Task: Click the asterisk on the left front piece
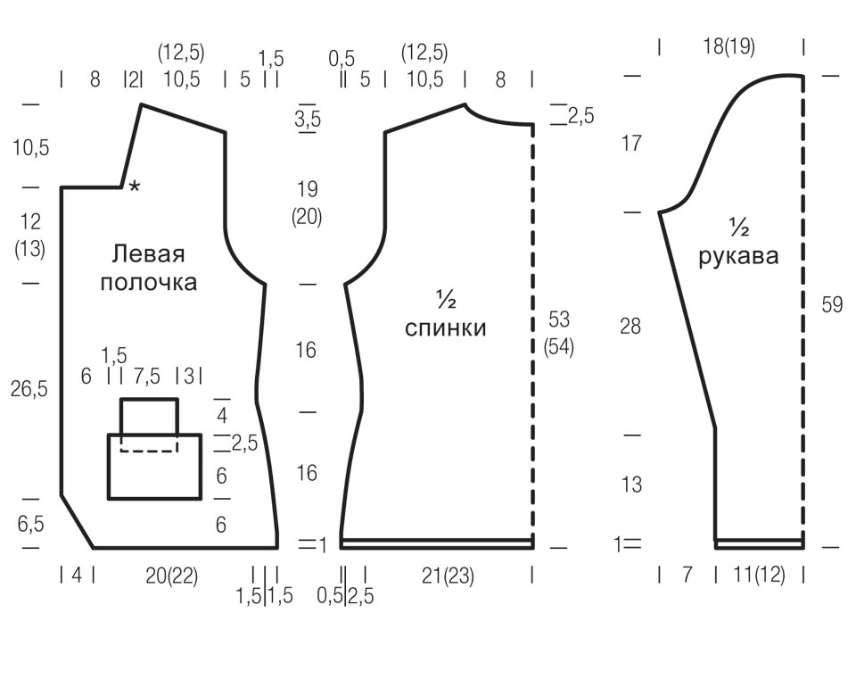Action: pos(135,186)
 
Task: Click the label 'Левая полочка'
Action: pos(149,269)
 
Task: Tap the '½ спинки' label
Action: pos(446,314)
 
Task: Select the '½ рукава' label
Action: pos(738,242)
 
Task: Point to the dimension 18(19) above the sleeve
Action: pos(728,46)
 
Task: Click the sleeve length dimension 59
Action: pos(832,305)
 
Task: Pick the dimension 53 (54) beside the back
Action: pos(558,333)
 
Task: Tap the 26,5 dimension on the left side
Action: pos(29,390)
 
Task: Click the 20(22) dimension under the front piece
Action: pos(172,576)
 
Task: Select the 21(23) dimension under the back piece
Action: pos(448,576)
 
